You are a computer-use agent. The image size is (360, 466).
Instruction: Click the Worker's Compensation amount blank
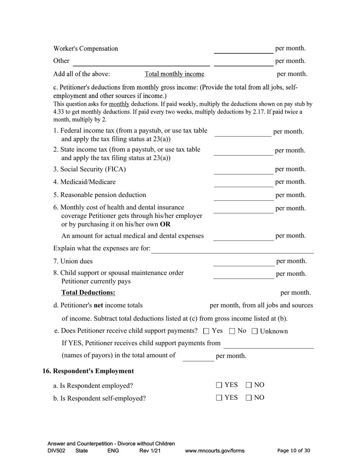(243, 49)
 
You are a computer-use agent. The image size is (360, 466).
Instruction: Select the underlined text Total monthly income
(174, 74)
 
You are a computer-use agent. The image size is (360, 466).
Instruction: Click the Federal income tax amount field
(243, 132)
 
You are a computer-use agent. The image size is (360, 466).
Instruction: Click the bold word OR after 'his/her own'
(165, 224)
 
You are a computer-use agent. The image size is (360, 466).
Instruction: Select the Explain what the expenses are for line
(232, 249)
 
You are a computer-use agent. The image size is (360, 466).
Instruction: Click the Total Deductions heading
(88, 292)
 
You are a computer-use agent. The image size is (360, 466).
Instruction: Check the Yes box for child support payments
(206, 331)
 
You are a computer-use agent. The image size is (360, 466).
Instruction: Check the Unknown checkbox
(255, 331)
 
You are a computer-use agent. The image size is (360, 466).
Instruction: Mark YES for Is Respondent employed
(219, 385)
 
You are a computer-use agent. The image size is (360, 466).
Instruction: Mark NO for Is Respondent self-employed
(249, 398)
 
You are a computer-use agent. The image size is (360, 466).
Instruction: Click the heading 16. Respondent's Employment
(88, 371)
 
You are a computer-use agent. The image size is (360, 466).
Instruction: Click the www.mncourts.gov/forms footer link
(214, 451)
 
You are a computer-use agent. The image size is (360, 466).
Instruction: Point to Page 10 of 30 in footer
(294, 451)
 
